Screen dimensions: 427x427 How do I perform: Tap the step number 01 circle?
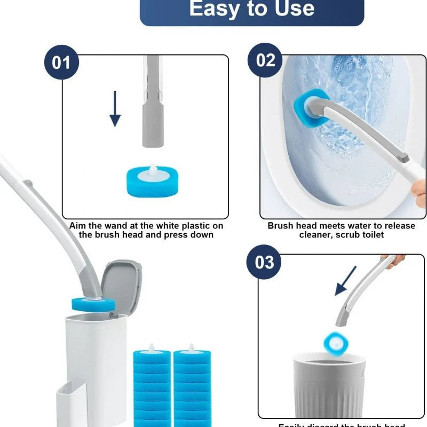[61, 62]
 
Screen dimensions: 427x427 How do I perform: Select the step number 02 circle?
[265, 60]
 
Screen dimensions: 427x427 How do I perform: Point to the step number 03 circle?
[264, 262]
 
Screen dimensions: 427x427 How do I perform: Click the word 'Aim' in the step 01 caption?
[78, 226]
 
